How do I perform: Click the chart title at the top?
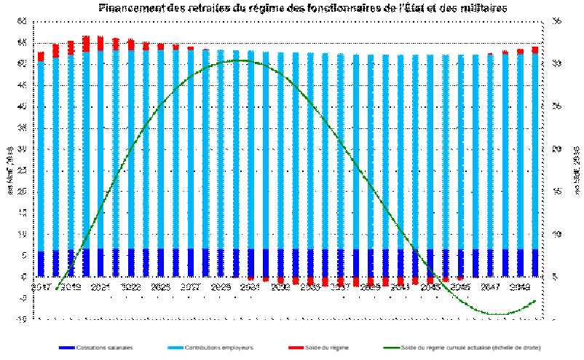[x=302, y=7]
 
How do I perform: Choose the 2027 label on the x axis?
[x=191, y=288]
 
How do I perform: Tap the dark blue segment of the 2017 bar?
[x=42, y=264]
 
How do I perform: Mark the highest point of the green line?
[x=237, y=60]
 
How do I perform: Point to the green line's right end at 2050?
[x=535, y=300]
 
